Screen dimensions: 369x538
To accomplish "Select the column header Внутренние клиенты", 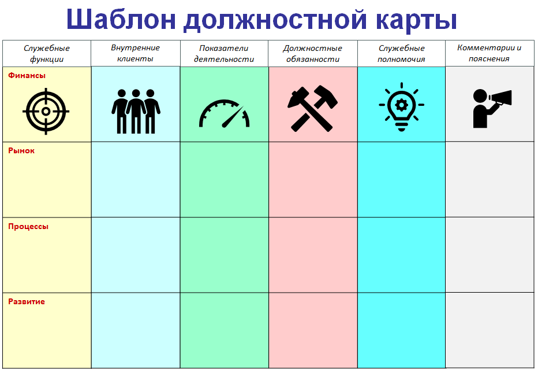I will [x=135, y=53].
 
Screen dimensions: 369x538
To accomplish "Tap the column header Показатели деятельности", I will [x=224, y=54].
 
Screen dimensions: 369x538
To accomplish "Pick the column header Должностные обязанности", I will [x=312, y=54].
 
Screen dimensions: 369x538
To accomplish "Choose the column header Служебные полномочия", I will [x=401, y=54].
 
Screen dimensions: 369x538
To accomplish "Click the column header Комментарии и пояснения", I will [x=490, y=53].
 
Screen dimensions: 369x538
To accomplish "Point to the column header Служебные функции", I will [x=47, y=54].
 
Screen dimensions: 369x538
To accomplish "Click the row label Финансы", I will [x=27, y=75].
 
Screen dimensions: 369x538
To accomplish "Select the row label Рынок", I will [x=21, y=151].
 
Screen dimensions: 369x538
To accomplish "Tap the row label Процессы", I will [x=28, y=227].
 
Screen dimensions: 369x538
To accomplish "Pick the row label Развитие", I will [x=27, y=302].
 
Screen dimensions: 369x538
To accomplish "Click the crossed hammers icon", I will [x=313, y=108].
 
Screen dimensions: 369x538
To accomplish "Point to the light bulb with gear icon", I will [x=401, y=108].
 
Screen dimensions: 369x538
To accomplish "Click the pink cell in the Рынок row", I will [x=313, y=179].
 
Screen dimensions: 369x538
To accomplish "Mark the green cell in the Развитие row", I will [x=224, y=330].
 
